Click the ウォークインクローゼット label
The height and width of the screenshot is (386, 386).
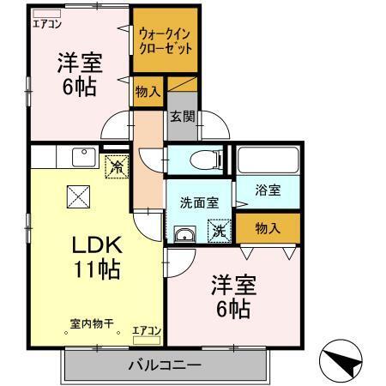click(165, 40)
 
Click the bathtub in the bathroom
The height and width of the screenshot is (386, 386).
click(268, 160)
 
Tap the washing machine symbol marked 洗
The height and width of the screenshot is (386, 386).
click(220, 230)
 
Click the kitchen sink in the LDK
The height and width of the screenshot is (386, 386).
click(83, 157)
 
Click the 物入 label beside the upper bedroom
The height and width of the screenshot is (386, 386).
click(148, 93)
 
